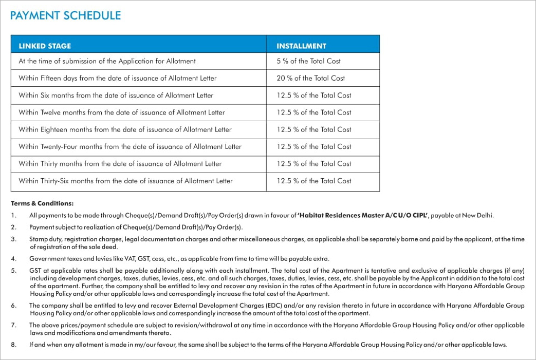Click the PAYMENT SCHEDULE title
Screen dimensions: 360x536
coord(65,15)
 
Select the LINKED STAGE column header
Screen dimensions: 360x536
coord(45,46)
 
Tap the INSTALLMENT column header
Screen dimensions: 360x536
coord(301,46)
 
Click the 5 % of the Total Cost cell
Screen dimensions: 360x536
coord(308,61)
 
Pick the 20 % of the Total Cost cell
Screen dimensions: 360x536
coord(310,78)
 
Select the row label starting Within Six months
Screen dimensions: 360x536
coord(116,96)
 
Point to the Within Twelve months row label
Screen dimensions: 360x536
coord(121,112)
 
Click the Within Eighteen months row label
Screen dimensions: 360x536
coord(125,129)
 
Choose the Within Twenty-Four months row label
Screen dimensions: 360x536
coord(130,147)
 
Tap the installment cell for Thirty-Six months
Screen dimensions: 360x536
coord(313,181)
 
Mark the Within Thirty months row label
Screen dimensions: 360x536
coord(120,164)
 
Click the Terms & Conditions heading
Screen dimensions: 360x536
coord(42,203)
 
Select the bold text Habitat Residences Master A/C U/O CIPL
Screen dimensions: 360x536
coord(362,216)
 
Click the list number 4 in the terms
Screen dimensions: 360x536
coord(14,259)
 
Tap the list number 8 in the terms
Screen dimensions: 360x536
coord(14,345)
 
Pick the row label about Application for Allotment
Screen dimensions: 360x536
coord(107,61)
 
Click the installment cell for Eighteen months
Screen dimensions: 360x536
coord(313,129)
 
